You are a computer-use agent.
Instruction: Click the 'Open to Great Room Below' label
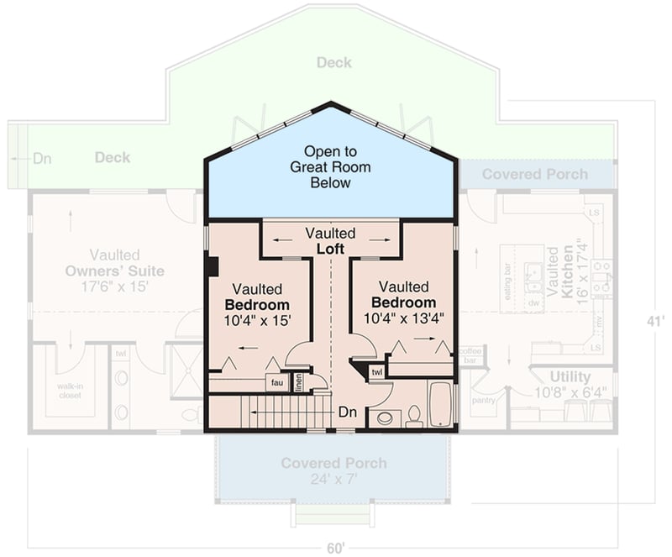[x=330, y=167]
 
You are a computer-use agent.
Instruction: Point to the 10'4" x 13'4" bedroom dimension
[x=404, y=318]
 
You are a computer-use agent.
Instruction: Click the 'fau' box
[x=276, y=382]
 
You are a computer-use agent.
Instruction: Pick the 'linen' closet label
[x=298, y=383]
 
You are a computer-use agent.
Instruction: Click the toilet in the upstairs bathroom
[x=414, y=416]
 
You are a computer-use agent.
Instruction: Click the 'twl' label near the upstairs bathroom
[x=376, y=371]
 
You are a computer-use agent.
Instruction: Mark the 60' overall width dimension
[x=335, y=548]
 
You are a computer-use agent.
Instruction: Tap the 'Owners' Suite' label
[x=114, y=271]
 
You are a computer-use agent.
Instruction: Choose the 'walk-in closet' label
[x=70, y=391]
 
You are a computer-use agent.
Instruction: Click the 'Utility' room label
[x=570, y=376]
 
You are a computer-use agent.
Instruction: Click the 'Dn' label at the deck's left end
[x=43, y=157]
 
